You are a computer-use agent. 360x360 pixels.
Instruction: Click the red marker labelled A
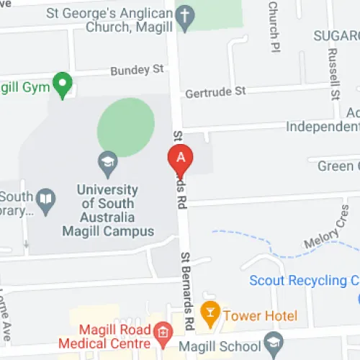[x=181, y=158]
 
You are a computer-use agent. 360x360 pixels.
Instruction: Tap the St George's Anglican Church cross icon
[x=186, y=19]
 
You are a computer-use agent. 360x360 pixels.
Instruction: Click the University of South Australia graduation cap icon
[x=108, y=161]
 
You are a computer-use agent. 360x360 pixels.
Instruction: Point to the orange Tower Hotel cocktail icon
[x=210, y=311]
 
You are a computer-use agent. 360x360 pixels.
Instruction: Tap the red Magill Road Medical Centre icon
[x=163, y=332]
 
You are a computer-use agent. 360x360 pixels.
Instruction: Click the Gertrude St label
[x=215, y=92]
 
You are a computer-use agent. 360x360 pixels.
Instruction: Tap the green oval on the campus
[x=126, y=122]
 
